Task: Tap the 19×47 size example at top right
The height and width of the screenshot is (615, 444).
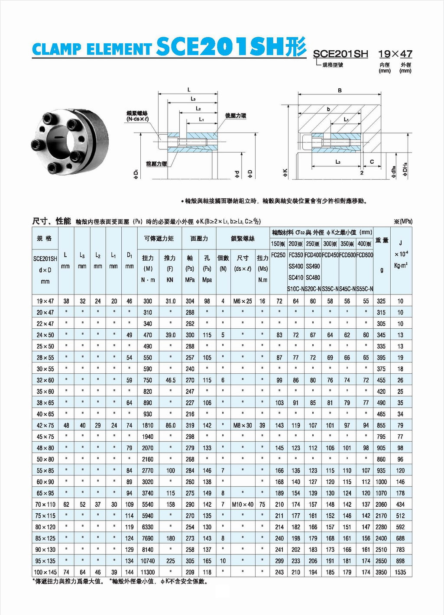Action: (x=395, y=54)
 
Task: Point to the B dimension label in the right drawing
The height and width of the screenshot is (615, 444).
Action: (x=340, y=90)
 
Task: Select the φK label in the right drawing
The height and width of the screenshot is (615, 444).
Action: (x=285, y=173)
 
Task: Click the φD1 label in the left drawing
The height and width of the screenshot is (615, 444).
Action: (x=136, y=175)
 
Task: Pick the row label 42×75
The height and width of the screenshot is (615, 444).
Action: (x=45, y=425)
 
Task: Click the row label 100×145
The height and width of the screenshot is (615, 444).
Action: (x=45, y=572)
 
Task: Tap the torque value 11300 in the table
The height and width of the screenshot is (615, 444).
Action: (x=148, y=572)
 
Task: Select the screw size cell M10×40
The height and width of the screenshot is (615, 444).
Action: (x=243, y=505)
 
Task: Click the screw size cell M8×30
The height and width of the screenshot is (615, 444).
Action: (x=243, y=425)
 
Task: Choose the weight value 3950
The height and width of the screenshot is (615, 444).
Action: (x=381, y=572)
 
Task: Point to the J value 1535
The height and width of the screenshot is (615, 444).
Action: (x=400, y=572)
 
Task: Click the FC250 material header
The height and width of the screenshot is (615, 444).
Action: (x=279, y=255)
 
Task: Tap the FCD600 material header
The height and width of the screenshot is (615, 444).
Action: (x=365, y=255)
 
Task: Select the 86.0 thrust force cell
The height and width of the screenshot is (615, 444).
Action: (x=171, y=425)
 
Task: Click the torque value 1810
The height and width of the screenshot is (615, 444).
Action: (x=148, y=425)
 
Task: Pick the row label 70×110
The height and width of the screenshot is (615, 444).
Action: (x=45, y=505)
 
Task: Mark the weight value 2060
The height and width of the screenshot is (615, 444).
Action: (x=381, y=505)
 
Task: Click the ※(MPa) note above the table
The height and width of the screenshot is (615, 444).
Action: (x=403, y=221)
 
